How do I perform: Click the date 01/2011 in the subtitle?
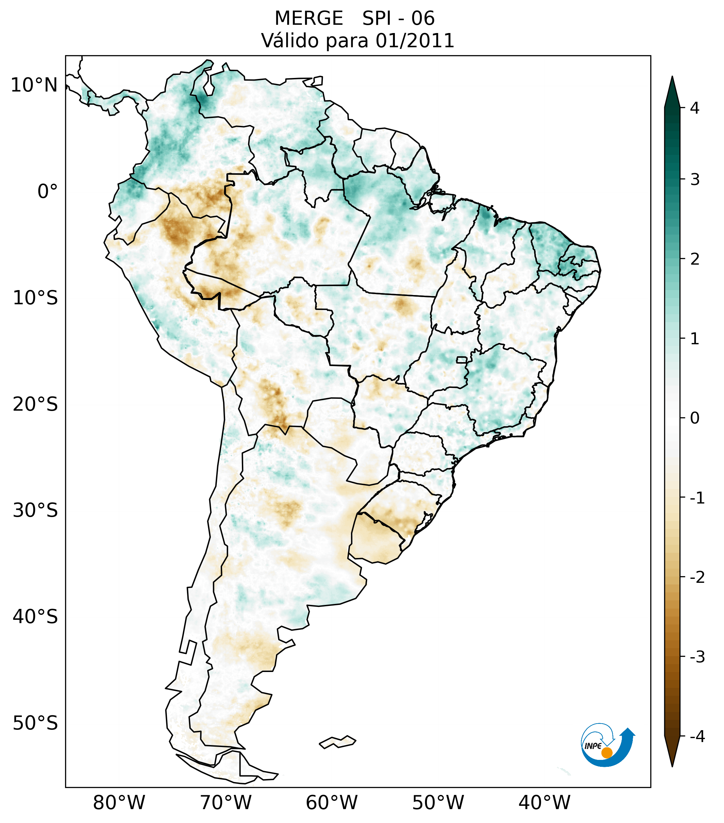(x=415, y=41)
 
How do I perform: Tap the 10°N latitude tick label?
(x=34, y=85)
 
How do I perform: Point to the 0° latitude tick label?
(x=48, y=192)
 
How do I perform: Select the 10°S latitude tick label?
(x=35, y=298)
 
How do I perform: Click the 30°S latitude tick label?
(x=35, y=510)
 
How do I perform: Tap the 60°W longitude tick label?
(x=331, y=803)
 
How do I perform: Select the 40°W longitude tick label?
(x=545, y=803)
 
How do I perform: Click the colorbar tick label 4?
(x=695, y=108)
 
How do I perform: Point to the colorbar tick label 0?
(x=695, y=418)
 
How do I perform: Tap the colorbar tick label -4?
(x=697, y=736)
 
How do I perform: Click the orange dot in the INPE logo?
(x=606, y=753)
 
